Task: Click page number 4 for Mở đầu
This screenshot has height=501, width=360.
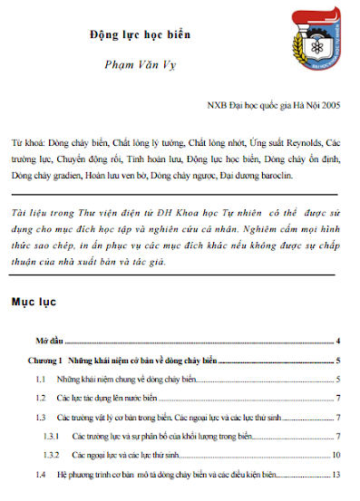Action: (337, 342)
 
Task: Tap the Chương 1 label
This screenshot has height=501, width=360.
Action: (44, 361)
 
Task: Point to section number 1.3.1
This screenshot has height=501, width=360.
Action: (51, 436)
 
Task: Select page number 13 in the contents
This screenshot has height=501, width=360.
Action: (336, 474)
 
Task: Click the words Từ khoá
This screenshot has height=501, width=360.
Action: (24, 143)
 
